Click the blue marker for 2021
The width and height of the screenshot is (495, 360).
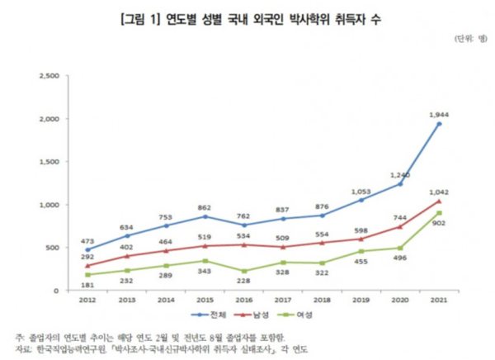click(439, 124)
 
